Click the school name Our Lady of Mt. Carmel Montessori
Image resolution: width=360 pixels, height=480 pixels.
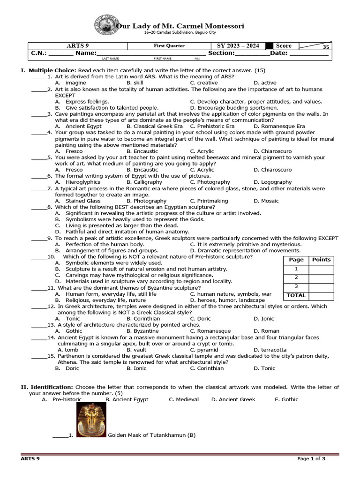(x=180, y=26)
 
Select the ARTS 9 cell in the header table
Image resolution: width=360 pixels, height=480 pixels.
(x=79, y=46)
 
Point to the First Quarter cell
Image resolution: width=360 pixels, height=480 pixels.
(x=169, y=46)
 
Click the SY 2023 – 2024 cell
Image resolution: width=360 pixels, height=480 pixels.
(x=238, y=46)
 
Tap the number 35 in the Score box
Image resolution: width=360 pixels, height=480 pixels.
(x=326, y=47)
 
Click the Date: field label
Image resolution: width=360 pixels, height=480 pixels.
(x=278, y=53)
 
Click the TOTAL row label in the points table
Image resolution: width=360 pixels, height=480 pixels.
(x=296, y=295)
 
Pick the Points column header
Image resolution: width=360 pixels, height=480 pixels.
(x=321, y=260)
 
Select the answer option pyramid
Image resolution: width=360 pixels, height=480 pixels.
(x=207, y=350)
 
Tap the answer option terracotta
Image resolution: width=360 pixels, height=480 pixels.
(x=270, y=350)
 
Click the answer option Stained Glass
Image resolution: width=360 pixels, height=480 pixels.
(x=83, y=201)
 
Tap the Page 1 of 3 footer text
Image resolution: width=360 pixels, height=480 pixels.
(x=311, y=459)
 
